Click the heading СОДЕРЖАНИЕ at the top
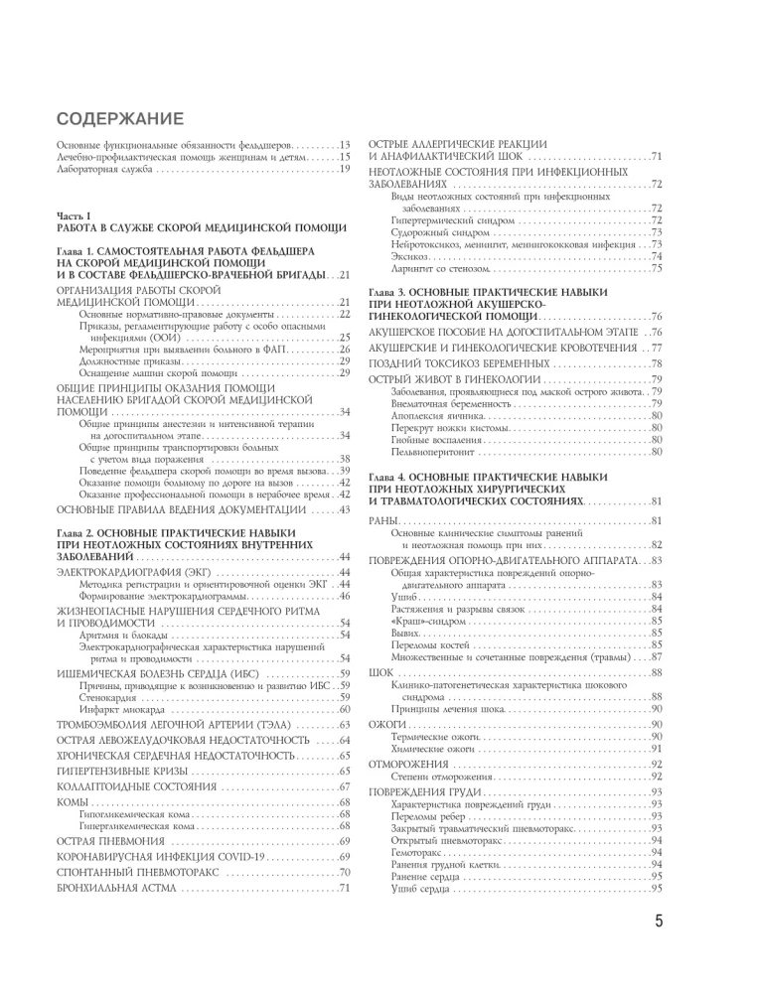pos(116,121)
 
